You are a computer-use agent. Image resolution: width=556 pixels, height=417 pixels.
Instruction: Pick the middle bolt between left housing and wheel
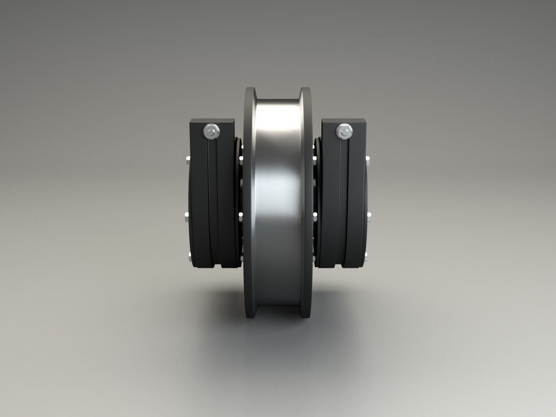pos(241,214)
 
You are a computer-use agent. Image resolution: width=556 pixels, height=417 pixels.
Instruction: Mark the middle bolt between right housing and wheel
pos(314,214)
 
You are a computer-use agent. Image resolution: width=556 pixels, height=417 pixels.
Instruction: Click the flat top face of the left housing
pos(212,121)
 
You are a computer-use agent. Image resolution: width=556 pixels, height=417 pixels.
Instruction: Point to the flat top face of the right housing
pos(344,121)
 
